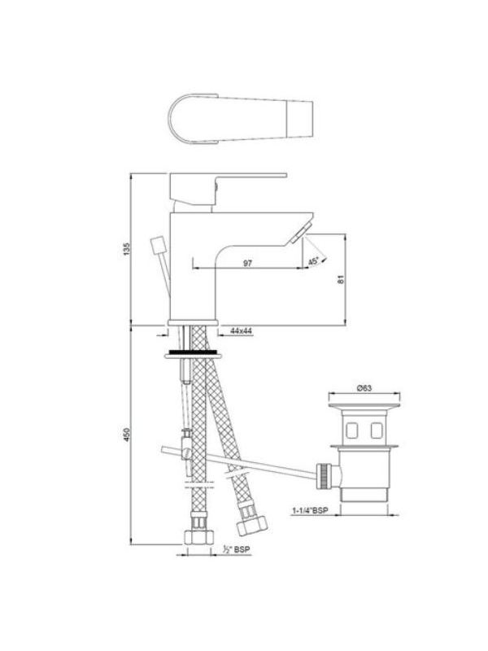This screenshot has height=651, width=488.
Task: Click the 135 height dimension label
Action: click(x=127, y=249)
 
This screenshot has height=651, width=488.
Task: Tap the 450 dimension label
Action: click(x=127, y=435)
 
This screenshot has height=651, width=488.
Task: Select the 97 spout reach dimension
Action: click(x=247, y=263)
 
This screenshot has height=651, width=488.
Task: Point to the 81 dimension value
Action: click(x=341, y=279)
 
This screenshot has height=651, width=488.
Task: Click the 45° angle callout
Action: click(x=314, y=261)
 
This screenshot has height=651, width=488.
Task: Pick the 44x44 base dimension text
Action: click(x=241, y=330)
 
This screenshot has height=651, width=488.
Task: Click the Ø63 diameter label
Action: click(x=364, y=388)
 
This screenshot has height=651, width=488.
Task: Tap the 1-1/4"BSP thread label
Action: click(x=310, y=510)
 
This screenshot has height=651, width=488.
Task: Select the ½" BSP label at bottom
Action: click(x=237, y=549)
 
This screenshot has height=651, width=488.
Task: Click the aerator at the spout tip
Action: click(x=301, y=233)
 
